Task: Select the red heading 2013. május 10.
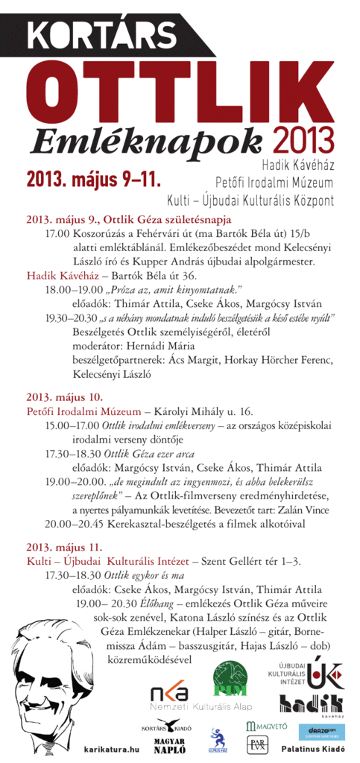pyautogui.click(x=64, y=396)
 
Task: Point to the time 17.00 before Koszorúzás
pyautogui.click(x=57, y=233)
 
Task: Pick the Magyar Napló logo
pyautogui.click(x=169, y=743)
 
